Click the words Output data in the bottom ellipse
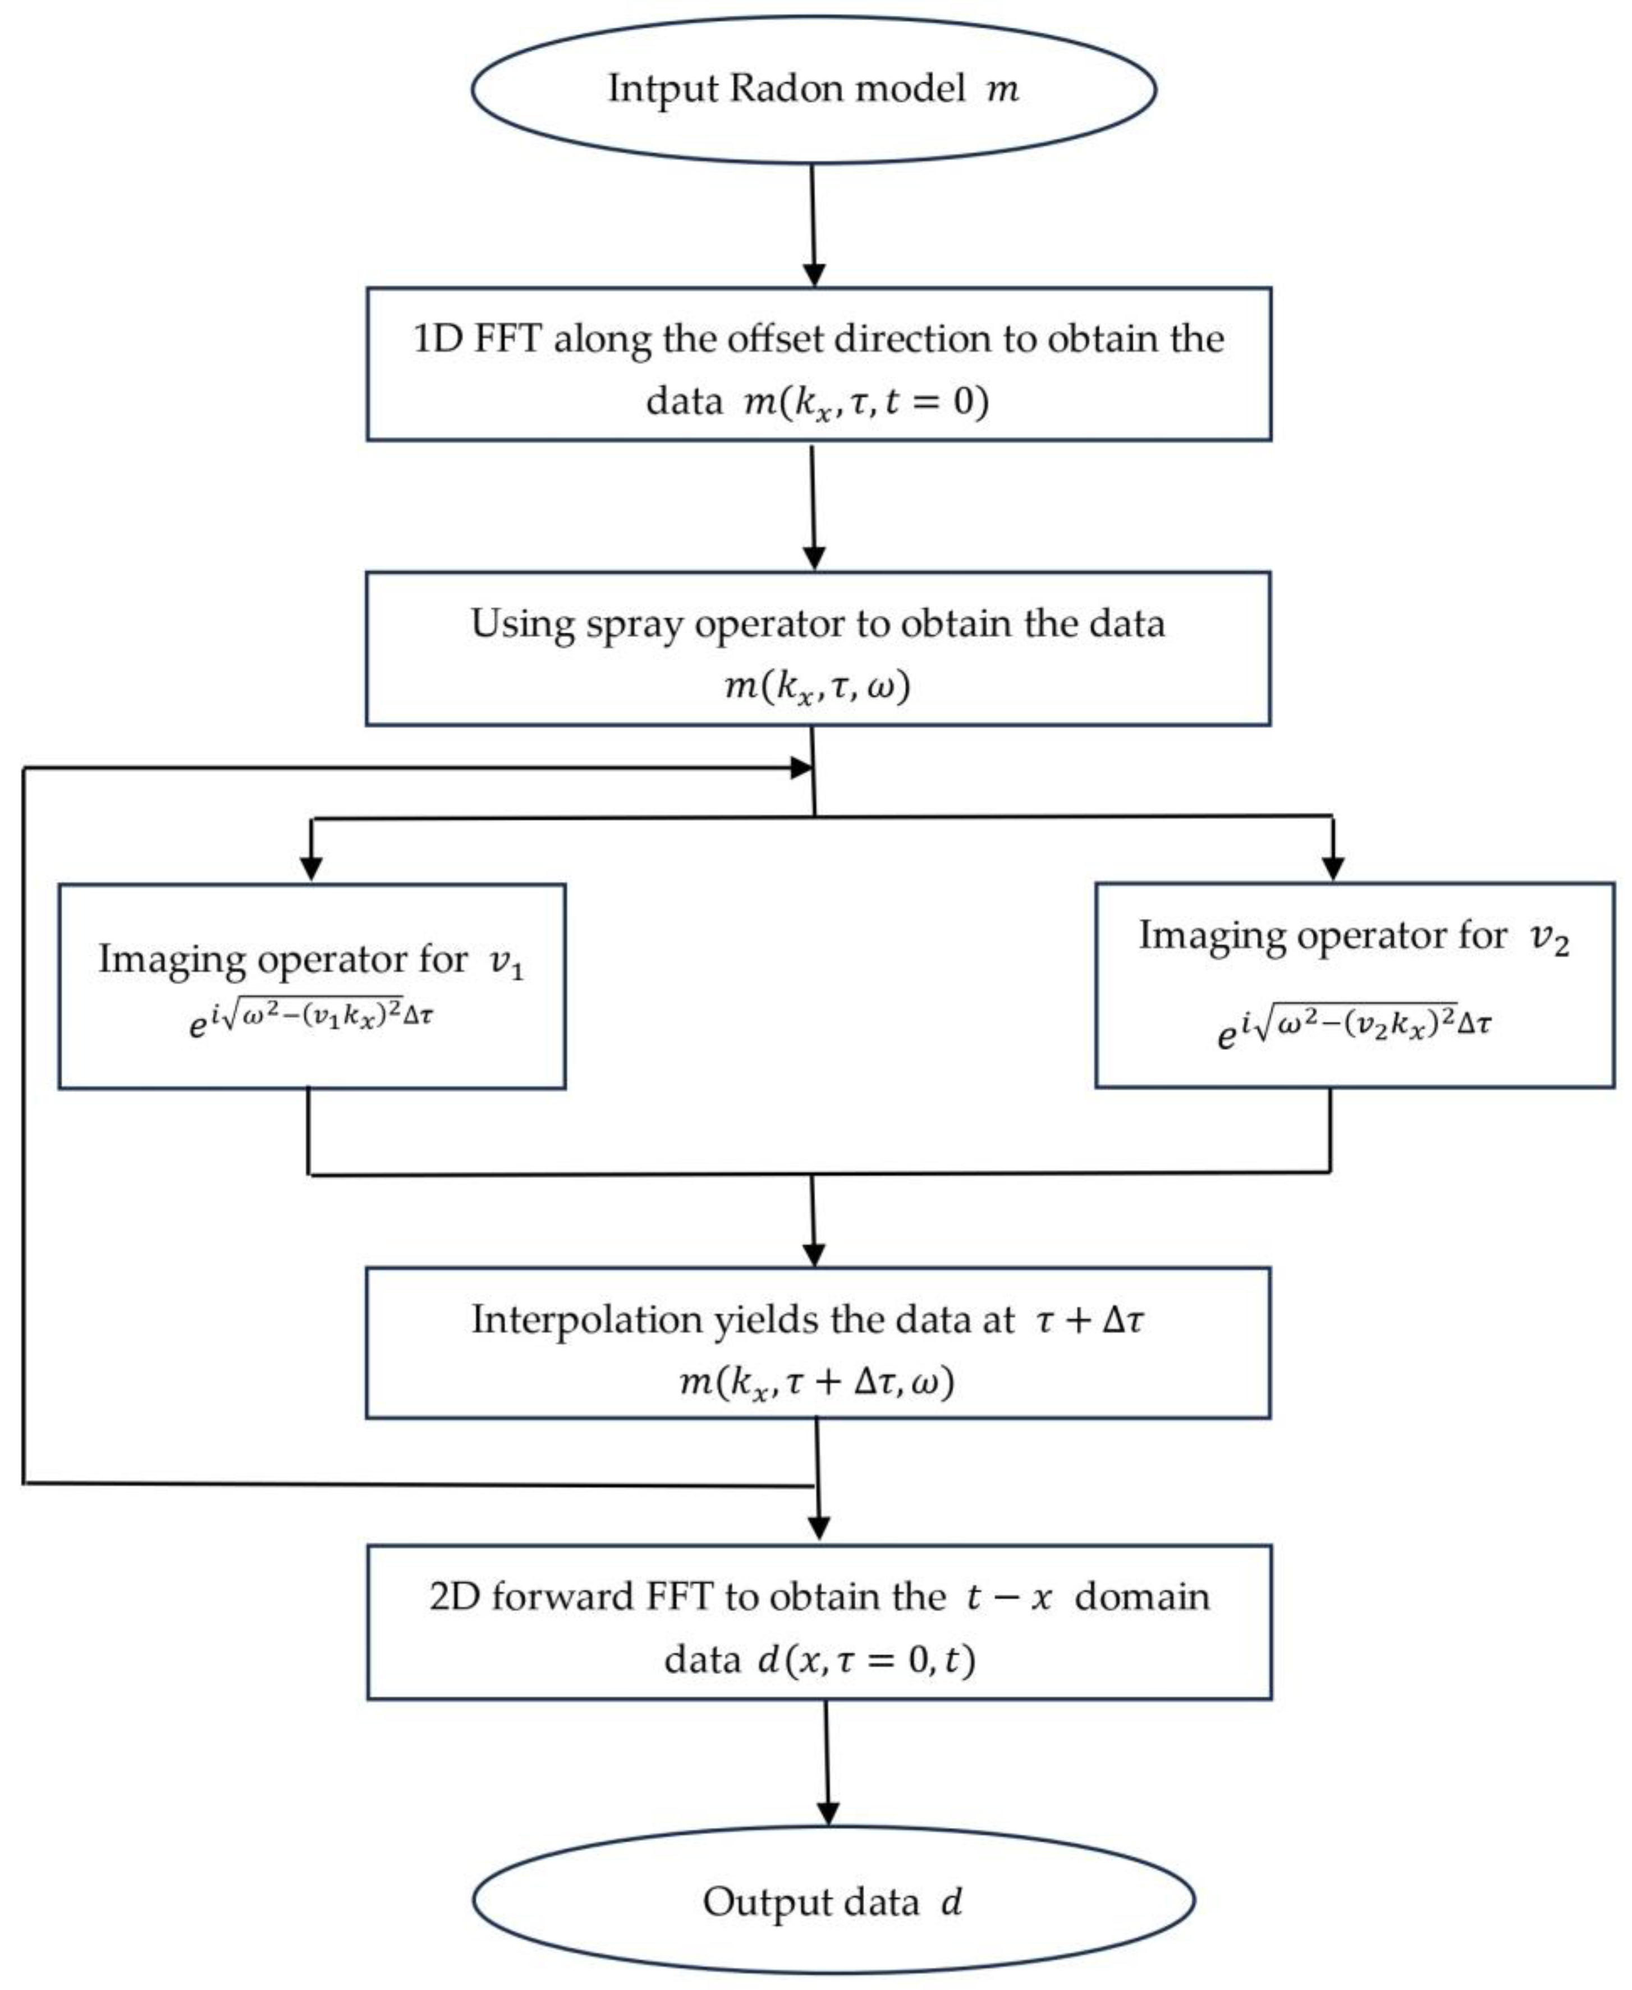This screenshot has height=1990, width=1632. pyautogui.click(x=810, y=1902)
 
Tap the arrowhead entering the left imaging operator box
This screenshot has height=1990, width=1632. pyautogui.click(x=311, y=869)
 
